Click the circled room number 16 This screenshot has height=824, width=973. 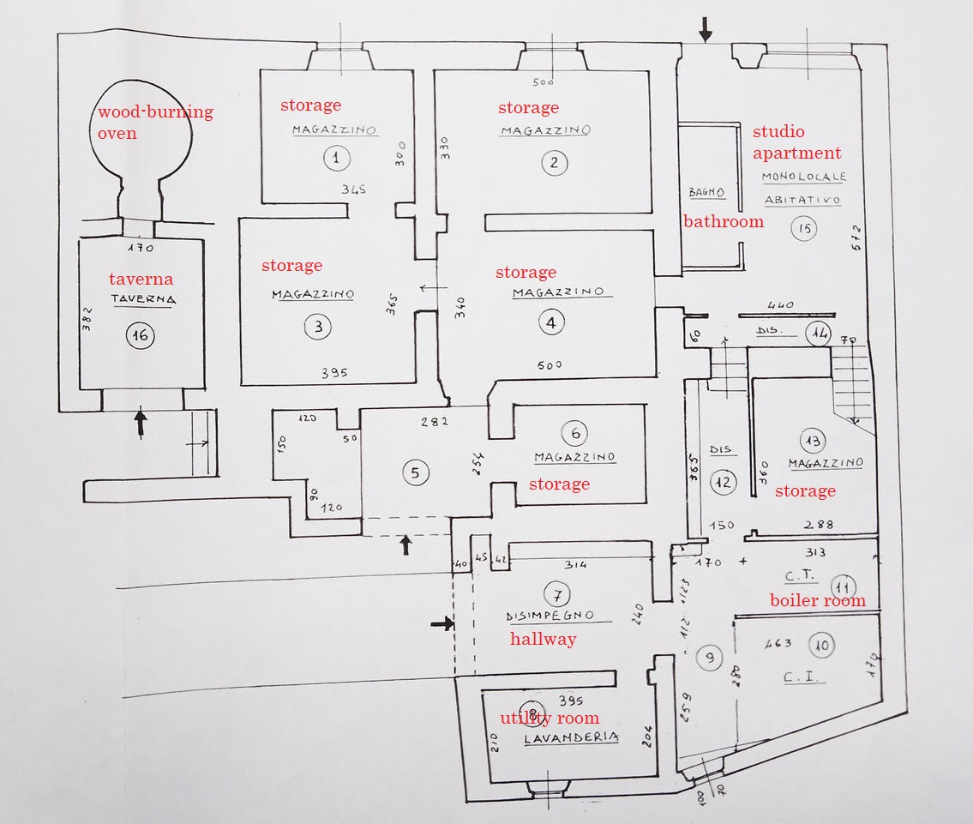click(x=140, y=335)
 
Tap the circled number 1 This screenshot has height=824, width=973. click(x=336, y=158)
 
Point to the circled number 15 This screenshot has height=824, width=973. click(x=804, y=228)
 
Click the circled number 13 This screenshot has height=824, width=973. click(x=811, y=441)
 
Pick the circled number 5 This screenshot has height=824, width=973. click(x=415, y=472)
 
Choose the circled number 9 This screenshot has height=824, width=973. click(x=710, y=658)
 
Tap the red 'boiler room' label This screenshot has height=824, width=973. click(x=817, y=600)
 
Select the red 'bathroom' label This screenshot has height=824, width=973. click(x=723, y=221)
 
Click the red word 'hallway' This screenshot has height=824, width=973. click(x=544, y=638)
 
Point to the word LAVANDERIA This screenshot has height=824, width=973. click(x=572, y=737)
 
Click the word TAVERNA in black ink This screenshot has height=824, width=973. click(x=143, y=299)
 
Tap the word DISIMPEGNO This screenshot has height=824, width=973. click(x=550, y=615)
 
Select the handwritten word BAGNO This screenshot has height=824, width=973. click(x=706, y=192)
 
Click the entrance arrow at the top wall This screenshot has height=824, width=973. click(x=705, y=32)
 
